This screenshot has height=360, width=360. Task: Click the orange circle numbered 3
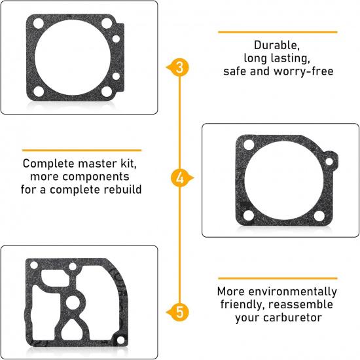coord(180,67)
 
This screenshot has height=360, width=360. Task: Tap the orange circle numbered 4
coord(180,178)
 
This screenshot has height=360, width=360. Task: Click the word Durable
coord(277,46)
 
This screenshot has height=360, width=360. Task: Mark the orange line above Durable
coord(277,31)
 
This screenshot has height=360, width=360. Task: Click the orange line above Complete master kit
coord(81,150)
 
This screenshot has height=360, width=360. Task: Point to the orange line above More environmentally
coord(277,278)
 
